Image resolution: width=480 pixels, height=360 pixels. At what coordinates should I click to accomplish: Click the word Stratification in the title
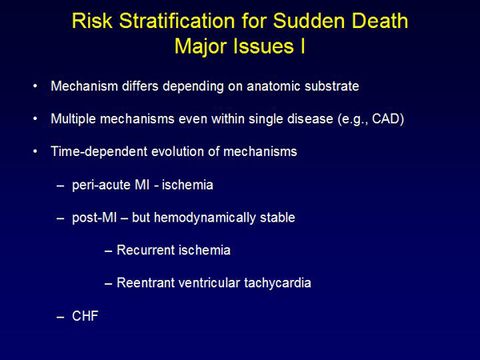(x=177, y=22)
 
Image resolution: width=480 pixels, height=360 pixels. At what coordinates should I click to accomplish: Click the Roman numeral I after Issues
(x=302, y=46)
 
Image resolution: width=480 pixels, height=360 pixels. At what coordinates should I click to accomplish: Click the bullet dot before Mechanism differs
(x=35, y=86)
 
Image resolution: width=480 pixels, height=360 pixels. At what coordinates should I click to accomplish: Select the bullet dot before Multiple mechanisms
(x=35, y=118)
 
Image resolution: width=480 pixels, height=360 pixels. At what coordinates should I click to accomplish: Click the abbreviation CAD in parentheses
(x=386, y=118)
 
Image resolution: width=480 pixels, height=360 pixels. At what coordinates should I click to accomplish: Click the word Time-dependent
(x=99, y=152)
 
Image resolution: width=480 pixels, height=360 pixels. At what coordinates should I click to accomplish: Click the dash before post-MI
(x=60, y=218)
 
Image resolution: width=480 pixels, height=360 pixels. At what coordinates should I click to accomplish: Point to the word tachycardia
(x=278, y=283)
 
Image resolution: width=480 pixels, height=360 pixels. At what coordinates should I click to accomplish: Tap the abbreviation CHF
(x=85, y=316)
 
